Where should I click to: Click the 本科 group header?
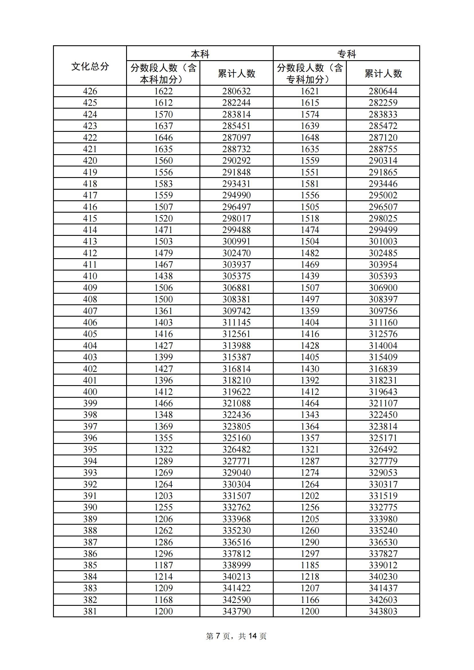click(x=200, y=54)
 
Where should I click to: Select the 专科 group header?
click(x=346, y=54)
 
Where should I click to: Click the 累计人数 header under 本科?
click(x=236, y=73)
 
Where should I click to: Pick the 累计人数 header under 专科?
click(x=383, y=73)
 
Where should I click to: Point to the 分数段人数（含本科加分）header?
click(x=163, y=73)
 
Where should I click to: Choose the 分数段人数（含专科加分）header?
click(x=310, y=73)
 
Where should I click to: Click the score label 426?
click(x=90, y=91)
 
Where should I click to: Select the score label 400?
click(x=90, y=392)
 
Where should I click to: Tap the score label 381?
click(x=90, y=611)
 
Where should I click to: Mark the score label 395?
click(x=90, y=449)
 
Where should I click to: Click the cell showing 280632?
click(x=236, y=91)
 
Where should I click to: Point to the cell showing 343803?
click(x=383, y=611)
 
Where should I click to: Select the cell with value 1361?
click(x=163, y=311)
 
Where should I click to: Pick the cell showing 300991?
click(x=236, y=241)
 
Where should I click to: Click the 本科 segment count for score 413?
click(x=163, y=241)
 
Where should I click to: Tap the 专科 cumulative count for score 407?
click(x=383, y=311)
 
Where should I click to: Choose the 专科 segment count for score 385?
click(x=310, y=565)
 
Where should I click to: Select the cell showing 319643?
click(x=383, y=392)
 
